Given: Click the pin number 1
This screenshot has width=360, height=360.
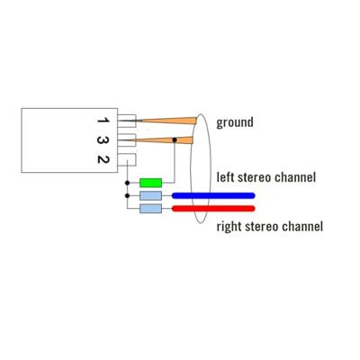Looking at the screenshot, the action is pos(103,121).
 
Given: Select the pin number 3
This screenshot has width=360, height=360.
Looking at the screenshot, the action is pos(103,140).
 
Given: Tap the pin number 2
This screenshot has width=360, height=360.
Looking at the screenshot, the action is pos(103,159).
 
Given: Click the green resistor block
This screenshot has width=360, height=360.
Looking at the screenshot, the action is pos(150,183).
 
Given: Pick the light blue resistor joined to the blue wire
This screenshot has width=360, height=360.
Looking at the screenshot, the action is pos(150,195).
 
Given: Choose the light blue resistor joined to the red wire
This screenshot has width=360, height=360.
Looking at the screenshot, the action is pos(150,209).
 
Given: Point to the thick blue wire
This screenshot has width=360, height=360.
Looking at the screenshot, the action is pos(213,195).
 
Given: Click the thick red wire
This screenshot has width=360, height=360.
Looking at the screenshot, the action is pos(213,209).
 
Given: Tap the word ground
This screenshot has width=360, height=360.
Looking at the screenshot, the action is pos(235,122).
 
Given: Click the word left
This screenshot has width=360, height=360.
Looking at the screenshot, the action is pos(226,177).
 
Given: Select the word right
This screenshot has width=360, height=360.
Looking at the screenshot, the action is pos(229,227).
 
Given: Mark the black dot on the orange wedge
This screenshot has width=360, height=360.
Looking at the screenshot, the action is pos(175,139).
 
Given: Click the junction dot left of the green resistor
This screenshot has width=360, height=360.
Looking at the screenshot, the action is pos(127,183).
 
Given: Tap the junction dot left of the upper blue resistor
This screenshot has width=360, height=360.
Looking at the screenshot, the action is pos(127,195).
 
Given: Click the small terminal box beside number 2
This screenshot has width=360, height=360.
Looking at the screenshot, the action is pos(127,159).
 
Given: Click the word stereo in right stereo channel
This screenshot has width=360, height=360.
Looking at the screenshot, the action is pos(262,227).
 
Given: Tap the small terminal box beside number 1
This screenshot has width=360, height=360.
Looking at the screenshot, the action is pos(127,121).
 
